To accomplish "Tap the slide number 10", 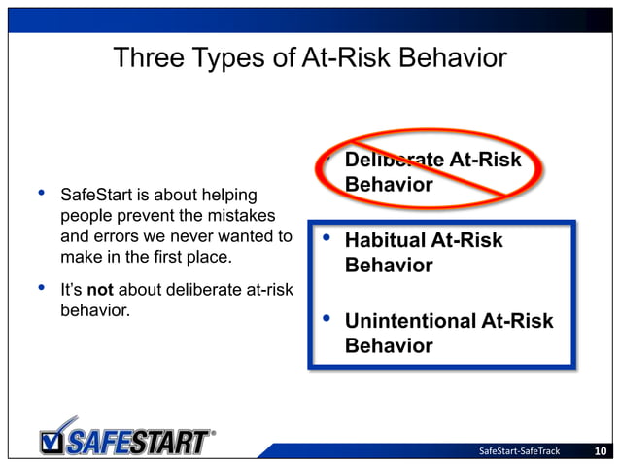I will pos(601,450).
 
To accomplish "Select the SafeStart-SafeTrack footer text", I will pos(520,450).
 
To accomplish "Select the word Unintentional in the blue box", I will pos(411,321).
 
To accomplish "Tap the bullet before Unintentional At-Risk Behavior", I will pos(327,319).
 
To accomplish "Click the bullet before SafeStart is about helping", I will pos(42,193).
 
